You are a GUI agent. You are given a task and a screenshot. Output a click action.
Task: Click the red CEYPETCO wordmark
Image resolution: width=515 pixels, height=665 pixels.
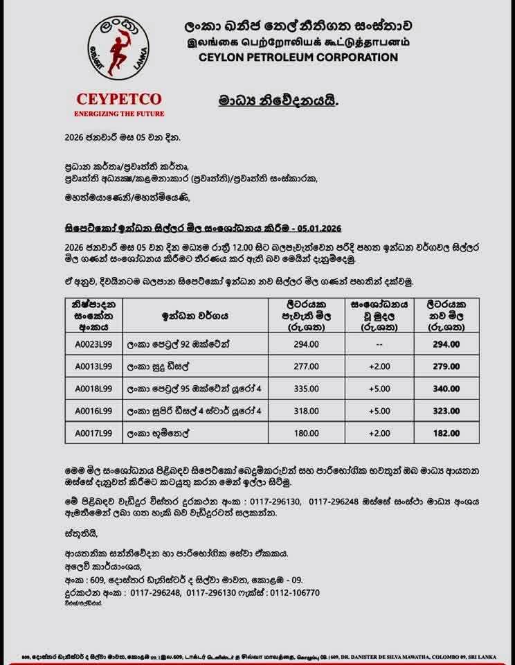[119, 99]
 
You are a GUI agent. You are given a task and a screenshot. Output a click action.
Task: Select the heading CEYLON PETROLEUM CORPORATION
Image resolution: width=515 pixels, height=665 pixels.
[298, 57]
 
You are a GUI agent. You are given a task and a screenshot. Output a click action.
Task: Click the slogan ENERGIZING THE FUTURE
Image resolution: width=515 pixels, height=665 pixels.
[119, 113]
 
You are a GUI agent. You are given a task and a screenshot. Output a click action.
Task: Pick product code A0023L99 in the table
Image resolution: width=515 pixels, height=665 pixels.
[93, 344]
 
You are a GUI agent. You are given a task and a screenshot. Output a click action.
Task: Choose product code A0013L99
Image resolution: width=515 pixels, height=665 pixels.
[93, 366]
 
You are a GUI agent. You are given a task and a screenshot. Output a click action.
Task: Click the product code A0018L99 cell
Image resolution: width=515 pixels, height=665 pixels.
[93, 389]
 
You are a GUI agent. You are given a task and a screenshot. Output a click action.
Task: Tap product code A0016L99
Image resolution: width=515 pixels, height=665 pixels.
[93, 411]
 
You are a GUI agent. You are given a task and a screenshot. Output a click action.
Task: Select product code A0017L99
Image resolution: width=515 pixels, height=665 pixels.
[93, 434]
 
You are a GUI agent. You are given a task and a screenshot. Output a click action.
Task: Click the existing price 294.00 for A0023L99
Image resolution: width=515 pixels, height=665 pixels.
[306, 344]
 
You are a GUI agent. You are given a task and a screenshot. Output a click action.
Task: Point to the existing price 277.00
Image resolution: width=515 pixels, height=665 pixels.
[306, 366]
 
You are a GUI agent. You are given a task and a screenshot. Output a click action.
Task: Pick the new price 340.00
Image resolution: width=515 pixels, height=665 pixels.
[446, 389]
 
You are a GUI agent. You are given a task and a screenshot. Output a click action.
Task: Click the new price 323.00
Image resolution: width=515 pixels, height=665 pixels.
[446, 411]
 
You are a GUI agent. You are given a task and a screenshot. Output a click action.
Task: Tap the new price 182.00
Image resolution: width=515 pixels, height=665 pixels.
[446, 434]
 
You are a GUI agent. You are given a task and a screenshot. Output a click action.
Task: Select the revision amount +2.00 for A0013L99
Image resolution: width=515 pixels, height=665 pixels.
[379, 366]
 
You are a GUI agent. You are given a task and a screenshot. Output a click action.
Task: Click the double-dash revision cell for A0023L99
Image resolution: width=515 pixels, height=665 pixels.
[379, 344]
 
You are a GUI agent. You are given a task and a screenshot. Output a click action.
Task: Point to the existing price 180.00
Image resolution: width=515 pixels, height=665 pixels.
[306, 434]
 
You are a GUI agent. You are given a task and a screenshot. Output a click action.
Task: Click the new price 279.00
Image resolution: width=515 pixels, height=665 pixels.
[446, 366]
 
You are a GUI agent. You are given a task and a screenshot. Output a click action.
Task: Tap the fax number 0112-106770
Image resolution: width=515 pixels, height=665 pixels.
[293, 592]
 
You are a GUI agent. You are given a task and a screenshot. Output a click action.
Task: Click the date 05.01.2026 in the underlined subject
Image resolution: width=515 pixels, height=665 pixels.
[318, 227]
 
